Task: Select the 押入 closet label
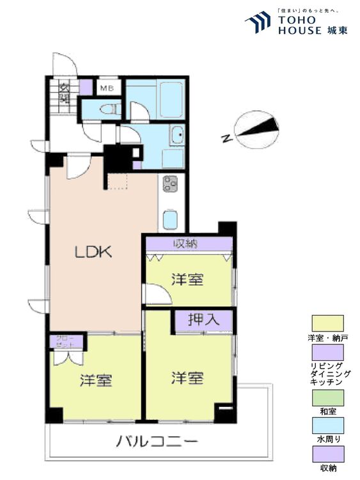click(x=204, y=320)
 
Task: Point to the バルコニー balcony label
click(x=157, y=442)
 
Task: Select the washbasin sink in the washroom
click(x=177, y=136)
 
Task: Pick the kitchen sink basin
click(x=170, y=220)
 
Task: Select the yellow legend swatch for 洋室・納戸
click(x=327, y=323)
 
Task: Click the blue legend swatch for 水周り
click(x=327, y=426)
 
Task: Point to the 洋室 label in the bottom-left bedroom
click(x=97, y=380)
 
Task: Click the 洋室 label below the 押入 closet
click(x=187, y=378)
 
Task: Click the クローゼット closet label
click(x=65, y=340)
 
